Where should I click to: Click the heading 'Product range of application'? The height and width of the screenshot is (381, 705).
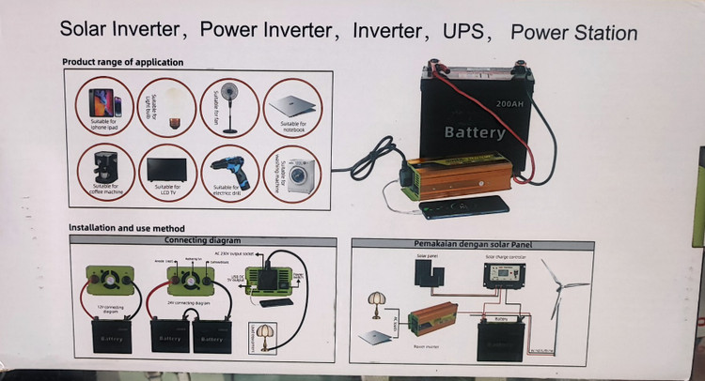122,63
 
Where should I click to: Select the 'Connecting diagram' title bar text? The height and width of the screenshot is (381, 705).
202,240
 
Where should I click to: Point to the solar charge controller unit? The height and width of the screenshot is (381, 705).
502,276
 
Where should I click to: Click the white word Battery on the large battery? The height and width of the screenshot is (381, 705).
474,132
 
